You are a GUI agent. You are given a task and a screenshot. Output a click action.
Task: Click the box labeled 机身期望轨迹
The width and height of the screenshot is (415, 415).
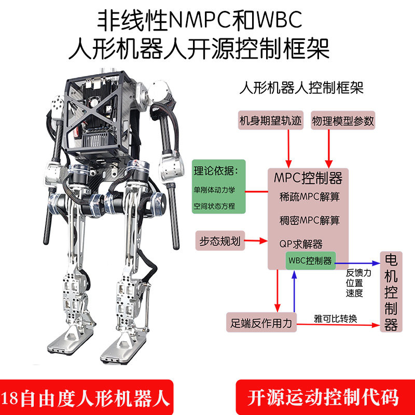pyautogui.click(x=270, y=120)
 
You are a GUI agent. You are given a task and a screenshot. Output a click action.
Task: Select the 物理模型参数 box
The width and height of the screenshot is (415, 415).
pyautogui.click(x=343, y=120)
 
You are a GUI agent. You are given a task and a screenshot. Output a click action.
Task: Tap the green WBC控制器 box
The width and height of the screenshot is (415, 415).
pyautogui.click(x=310, y=261)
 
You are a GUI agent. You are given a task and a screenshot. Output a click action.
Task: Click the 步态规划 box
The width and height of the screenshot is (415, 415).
pyautogui.click(x=220, y=241)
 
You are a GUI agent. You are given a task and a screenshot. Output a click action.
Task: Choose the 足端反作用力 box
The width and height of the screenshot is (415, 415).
pyautogui.click(x=261, y=323)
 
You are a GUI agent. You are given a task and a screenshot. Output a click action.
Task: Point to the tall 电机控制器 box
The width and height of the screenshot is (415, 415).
pyautogui.click(x=391, y=292)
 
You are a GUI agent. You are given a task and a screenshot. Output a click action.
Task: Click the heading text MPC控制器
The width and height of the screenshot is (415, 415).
pyautogui.click(x=308, y=178)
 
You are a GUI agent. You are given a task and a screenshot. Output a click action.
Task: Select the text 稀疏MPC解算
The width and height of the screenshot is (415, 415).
pyautogui.click(x=309, y=197)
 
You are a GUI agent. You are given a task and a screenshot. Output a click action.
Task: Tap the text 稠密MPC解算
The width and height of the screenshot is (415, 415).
pyautogui.click(x=309, y=220)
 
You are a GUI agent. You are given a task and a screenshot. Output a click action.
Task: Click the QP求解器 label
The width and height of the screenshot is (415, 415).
pyautogui.click(x=301, y=244)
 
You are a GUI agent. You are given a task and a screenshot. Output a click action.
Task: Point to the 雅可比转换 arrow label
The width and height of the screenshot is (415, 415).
pyautogui.click(x=335, y=319)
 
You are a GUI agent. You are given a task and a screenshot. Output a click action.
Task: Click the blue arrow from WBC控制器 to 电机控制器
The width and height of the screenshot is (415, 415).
pyautogui.click(x=358, y=263)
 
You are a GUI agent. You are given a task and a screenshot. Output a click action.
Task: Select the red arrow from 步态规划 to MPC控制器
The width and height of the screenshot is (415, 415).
pyautogui.click(x=256, y=241)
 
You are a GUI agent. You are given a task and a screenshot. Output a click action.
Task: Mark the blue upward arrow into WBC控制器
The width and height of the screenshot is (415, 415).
pyautogui.click(x=294, y=292)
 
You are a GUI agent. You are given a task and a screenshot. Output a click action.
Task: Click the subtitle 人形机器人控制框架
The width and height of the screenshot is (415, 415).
pyautogui.click(x=301, y=88)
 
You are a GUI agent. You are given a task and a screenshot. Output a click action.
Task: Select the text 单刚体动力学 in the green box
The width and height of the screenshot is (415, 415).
pyautogui.click(x=214, y=190)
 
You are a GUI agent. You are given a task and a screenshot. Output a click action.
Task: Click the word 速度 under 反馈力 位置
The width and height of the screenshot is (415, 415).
pyautogui.click(x=354, y=293)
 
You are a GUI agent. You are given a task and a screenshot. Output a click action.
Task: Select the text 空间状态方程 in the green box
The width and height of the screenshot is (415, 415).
pyautogui.click(x=214, y=206)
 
